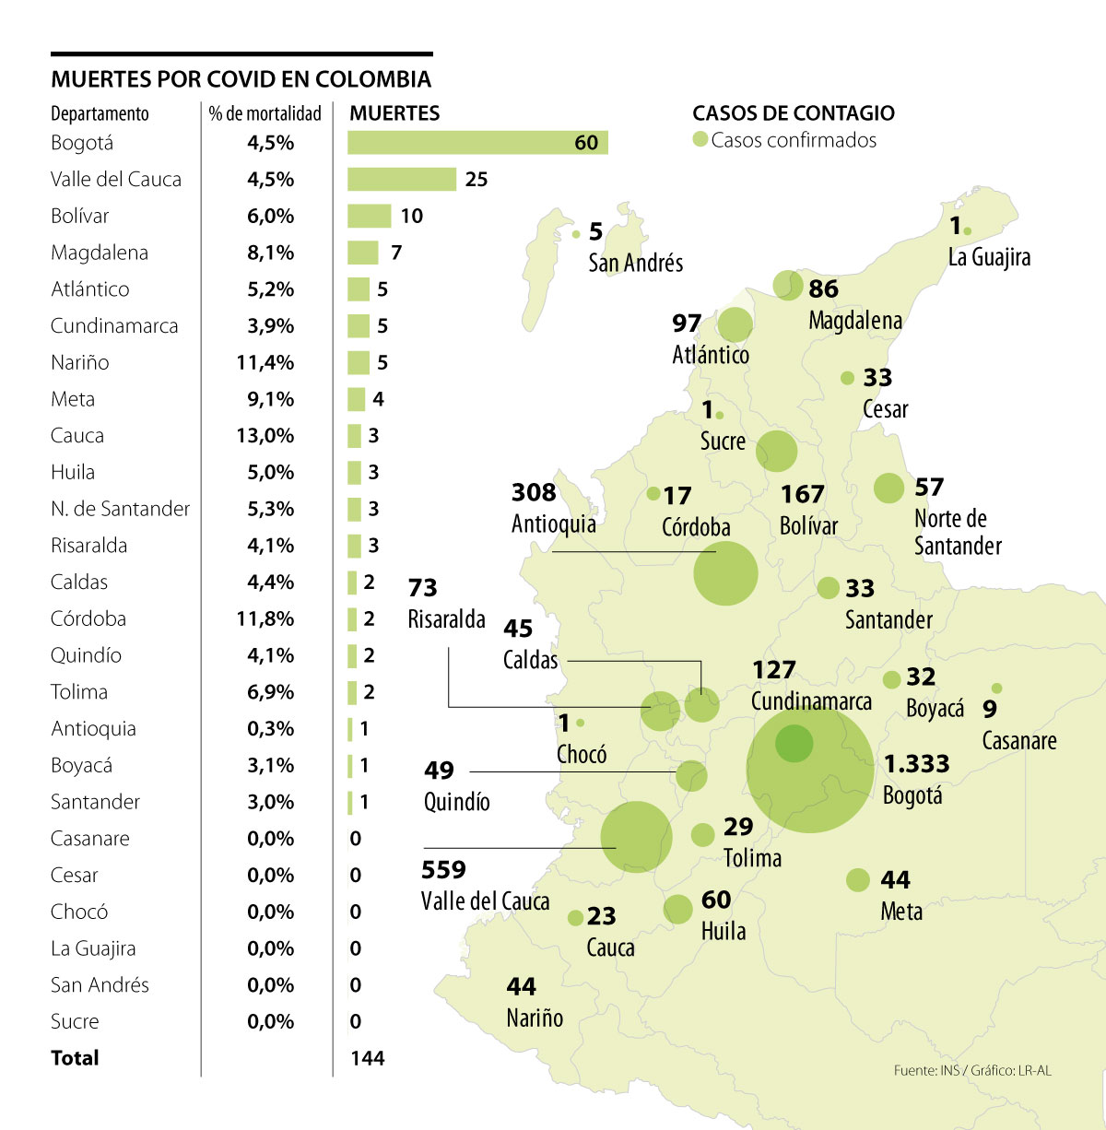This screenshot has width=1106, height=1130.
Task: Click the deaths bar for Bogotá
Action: point(477,142)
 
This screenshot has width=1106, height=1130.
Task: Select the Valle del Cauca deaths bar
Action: point(401,179)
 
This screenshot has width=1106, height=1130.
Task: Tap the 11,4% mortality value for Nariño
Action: point(265,362)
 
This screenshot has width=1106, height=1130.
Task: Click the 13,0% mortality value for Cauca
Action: point(265,435)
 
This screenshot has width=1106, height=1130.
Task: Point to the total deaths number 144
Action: point(368,1058)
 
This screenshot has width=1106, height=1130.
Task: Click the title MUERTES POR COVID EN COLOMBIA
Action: point(241,79)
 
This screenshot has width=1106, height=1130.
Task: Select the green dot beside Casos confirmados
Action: point(700,139)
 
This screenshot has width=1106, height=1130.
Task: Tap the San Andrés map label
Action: point(636,263)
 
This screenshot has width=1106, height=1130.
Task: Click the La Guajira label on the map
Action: point(989,257)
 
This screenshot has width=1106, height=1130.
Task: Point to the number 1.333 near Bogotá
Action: point(916,764)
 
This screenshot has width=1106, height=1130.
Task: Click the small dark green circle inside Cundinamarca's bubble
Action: point(794,744)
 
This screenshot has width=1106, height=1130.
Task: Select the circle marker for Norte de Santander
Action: point(888,488)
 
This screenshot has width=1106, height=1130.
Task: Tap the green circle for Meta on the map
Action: point(858,879)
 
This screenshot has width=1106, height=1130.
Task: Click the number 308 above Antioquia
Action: point(534,493)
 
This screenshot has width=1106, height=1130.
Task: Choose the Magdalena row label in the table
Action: point(100,253)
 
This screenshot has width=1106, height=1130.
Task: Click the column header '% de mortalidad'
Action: point(265,113)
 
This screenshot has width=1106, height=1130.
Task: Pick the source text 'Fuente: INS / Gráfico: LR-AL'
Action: point(972,1070)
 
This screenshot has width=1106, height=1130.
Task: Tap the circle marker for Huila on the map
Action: point(677,909)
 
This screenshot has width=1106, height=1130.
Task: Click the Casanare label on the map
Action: point(1019,740)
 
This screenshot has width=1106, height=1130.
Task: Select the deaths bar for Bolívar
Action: point(369,216)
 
